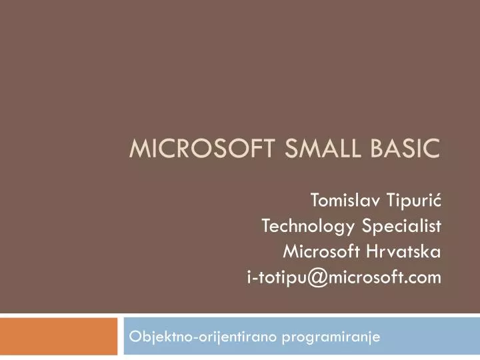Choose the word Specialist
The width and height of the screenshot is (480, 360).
pyautogui.click(x=402, y=226)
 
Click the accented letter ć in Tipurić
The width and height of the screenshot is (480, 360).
pyautogui.click(x=437, y=199)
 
